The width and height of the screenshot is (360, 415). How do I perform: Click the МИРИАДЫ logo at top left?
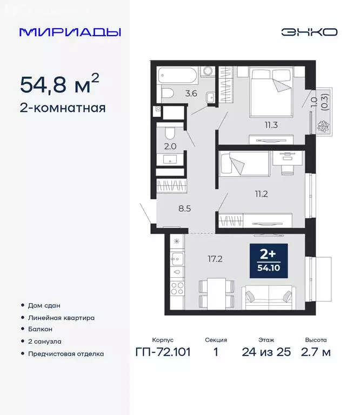70,32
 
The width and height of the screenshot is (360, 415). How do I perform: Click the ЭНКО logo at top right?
309,32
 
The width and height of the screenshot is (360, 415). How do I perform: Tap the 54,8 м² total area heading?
59,84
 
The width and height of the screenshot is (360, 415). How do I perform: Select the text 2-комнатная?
63,108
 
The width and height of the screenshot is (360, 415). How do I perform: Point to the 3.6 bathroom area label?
191,93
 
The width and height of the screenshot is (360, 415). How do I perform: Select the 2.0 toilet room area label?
170,145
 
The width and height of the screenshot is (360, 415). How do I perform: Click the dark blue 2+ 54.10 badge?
268,261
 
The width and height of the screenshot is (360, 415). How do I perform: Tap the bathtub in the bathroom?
178,75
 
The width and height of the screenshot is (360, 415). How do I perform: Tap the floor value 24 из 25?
266,353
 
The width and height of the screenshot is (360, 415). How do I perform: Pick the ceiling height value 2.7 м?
316,353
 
